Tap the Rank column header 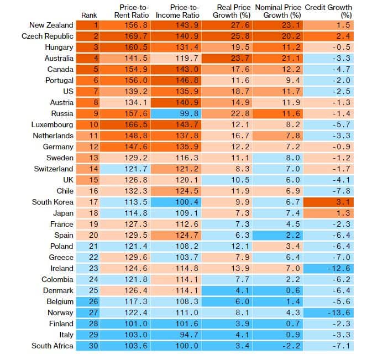88,15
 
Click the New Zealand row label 51,25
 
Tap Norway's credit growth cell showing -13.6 329,312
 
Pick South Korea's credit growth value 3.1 329,202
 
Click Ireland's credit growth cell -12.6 329,268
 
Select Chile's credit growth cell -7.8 329,191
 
